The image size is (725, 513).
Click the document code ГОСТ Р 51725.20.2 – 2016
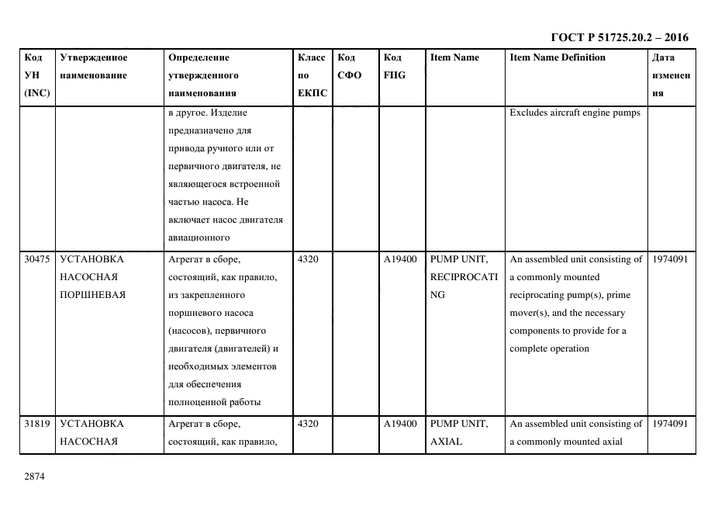point(619,37)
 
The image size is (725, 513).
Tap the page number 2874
point(35,477)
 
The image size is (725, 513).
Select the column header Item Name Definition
point(557,57)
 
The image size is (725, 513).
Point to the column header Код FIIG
point(394,67)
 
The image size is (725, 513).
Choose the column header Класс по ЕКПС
point(312,75)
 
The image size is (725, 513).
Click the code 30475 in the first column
point(37,259)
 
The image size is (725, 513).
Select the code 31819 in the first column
point(37,424)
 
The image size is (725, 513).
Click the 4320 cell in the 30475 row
point(308,259)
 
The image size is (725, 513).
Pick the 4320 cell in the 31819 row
point(308,424)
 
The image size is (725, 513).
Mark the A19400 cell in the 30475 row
point(400,259)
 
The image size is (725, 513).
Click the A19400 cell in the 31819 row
point(400,424)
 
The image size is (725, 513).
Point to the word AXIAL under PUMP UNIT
point(446,442)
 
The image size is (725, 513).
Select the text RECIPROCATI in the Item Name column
point(464,277)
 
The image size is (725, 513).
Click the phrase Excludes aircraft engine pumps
point(575,113)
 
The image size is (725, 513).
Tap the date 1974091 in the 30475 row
point(670,259)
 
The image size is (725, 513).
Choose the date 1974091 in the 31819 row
point(670,424)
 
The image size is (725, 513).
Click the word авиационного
point(199,238)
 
